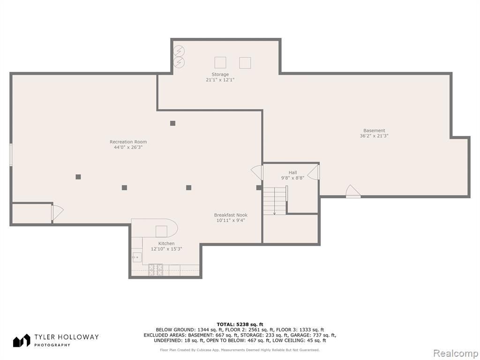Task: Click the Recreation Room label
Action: (x=128, y=142)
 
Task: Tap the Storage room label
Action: (x=220, y=75)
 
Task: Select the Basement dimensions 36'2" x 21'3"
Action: (x=374, y=135)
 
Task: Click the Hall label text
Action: (x=292, y=172)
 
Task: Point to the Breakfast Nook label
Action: (x=231, y=215)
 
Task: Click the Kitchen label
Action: (x=166, y=243)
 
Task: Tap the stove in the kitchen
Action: (x=156, y=270)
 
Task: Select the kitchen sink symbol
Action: (x=137, y=257)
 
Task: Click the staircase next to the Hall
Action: (x=275, y=201)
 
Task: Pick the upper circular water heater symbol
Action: (x=179, y=51)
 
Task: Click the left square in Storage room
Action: (x=220, y=62)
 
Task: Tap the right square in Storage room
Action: (x=245, y=63)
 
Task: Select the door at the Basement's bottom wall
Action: (x=353, y=192)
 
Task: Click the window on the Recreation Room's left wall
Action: (x=11, y=155)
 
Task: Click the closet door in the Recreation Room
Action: (x=57, y=212)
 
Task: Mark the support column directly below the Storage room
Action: (x=172, y=123)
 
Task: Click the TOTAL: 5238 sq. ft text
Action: (x=240, y=324)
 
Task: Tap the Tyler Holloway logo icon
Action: (x=22, y=341)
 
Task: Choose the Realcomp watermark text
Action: (x=455, y=353)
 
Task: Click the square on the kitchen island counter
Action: (x=161, y=231)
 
